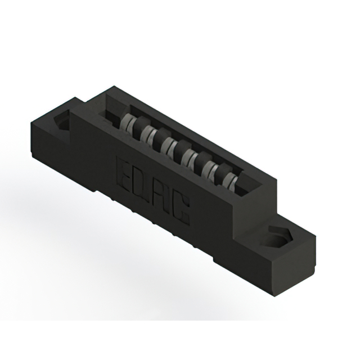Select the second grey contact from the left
[x=149, y=134]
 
